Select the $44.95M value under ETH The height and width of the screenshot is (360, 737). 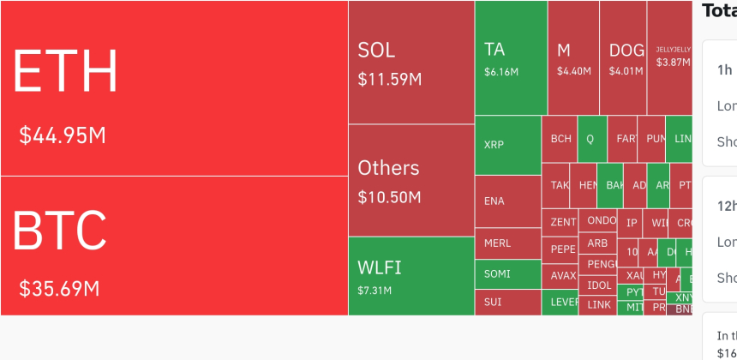click(63, 135)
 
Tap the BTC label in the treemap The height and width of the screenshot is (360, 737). click(59, 230)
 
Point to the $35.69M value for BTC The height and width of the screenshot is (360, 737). click(59, 289)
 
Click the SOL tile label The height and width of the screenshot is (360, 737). click(376, 50)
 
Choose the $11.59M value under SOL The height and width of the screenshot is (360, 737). click(389, 80)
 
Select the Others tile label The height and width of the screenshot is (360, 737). click(388, 167)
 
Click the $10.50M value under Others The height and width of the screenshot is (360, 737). click(389, 198)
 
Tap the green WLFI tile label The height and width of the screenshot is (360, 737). click(380, 267)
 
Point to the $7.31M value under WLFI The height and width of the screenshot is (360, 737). click(374, 291)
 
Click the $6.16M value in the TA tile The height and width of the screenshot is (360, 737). click(501, 72)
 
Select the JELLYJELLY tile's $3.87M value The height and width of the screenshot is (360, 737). click(673, 63)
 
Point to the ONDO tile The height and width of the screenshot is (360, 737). click(601, 220)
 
